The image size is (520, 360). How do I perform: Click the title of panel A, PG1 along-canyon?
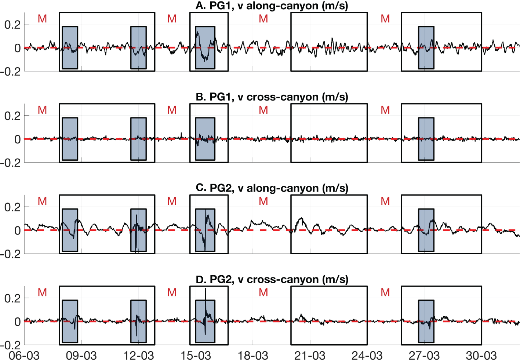coord(272,6)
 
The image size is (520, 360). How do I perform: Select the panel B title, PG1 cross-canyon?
coord(272,97)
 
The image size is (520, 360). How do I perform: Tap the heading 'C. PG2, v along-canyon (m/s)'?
coord(272,188)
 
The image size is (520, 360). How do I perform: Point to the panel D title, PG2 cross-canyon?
coord(272,279)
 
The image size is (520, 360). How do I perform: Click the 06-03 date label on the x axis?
coord(24,355)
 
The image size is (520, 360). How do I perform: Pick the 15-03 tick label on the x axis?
coord(196,355)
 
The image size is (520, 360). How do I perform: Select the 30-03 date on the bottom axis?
coord(481,355)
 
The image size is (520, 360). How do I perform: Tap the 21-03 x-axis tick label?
coord(310,355)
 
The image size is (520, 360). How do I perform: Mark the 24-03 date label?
coord(367,355)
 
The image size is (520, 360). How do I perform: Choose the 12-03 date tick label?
coord(139,355)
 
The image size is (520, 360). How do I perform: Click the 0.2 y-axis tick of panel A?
coord(12,25)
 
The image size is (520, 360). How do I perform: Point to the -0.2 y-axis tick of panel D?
coord(11,345)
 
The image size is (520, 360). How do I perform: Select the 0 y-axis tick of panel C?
coord(17,230)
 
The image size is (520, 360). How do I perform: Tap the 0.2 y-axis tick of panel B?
coord(12,116)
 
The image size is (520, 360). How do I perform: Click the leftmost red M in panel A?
coord(43,19)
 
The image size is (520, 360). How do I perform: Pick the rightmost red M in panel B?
coord(385,110)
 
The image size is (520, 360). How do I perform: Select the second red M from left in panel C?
coord(172,201)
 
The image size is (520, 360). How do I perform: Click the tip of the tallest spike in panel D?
coord(206,289)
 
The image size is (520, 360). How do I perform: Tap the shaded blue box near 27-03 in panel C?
coord(426,230)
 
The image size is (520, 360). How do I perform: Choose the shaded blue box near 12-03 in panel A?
coord(139,48)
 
